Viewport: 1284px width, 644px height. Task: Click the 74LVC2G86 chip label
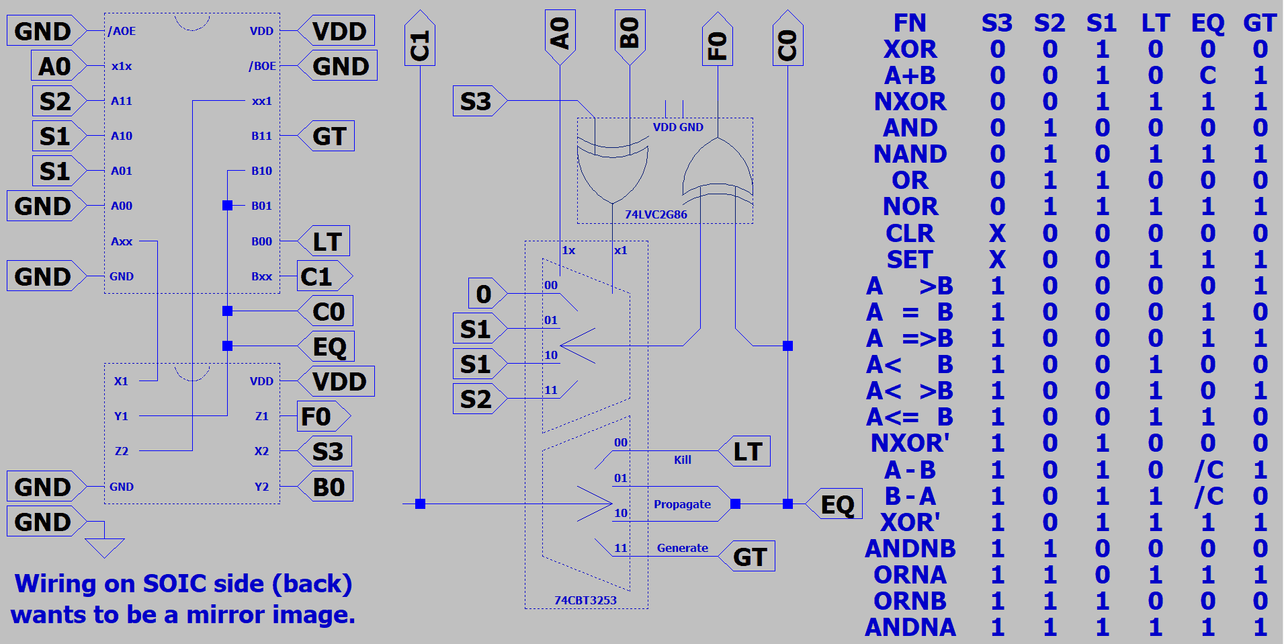click(x=656, y=214)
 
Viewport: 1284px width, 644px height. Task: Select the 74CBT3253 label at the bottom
click(x=585, y=600)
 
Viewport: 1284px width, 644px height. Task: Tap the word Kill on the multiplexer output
click(x=683, y=460)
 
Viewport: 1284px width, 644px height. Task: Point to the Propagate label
click(x=682, y=504)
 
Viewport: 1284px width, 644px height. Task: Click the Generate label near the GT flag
click(x=682, y=548)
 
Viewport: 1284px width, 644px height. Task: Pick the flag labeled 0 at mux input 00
click(x=484, y=294)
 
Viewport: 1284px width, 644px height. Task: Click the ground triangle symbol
click(x=105, y=547)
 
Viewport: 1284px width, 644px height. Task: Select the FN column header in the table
click(x=910, y=23)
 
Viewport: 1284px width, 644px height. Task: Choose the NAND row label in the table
click(x=910, y=154)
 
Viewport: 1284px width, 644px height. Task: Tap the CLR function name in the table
click(x=910, y=233)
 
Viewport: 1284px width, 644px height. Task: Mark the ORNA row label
click(x=910, y=575)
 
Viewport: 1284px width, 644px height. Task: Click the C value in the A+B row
click(x=1207, y=75)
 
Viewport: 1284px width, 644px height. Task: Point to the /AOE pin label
click(x=122, y=31)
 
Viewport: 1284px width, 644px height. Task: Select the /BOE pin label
click(x=262, y=66)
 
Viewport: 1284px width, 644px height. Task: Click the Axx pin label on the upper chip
click(x=122, y=241)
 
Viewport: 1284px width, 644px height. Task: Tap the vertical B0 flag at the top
click(x=630, y=34)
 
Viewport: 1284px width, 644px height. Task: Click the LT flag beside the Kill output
click(x=747, y=452)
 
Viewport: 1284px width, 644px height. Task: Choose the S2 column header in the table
click(x=1050, y=23)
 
